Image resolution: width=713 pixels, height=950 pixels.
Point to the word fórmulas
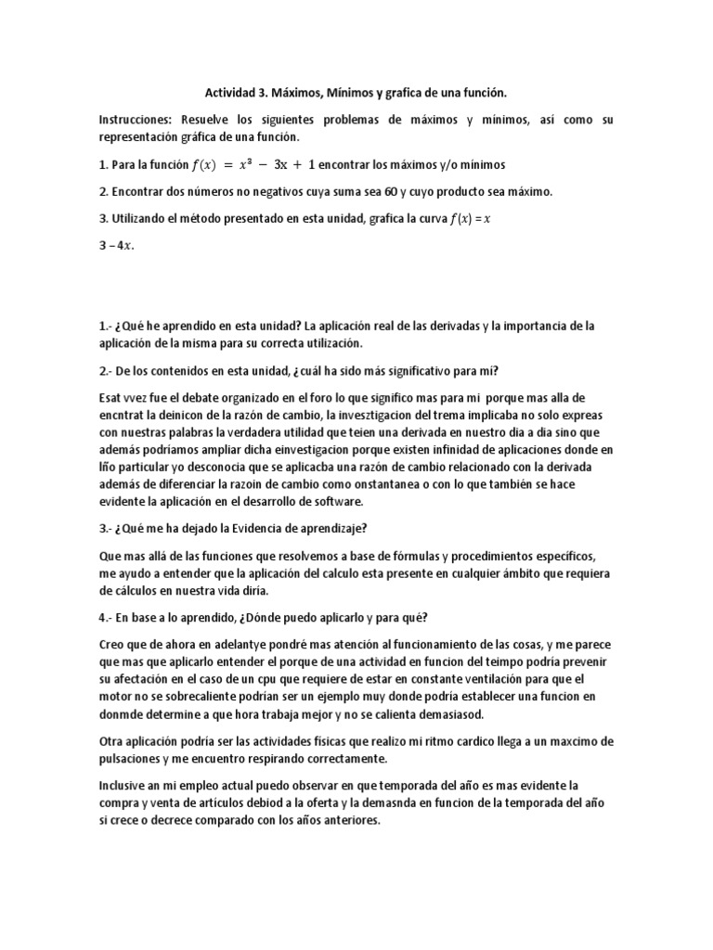pos(396,556)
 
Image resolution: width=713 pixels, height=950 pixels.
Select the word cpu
pos(272,678)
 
